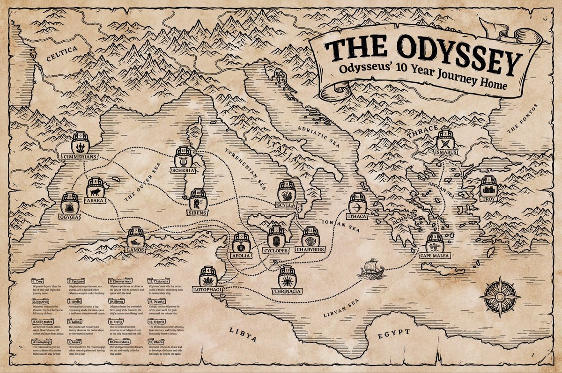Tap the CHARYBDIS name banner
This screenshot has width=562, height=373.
pos(310,250)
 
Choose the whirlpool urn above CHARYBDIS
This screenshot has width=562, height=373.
pos(310,237)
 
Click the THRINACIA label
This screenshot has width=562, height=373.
pos(287,291)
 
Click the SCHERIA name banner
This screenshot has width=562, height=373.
pos(183,170)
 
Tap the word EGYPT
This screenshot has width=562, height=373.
pos(394,333)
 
